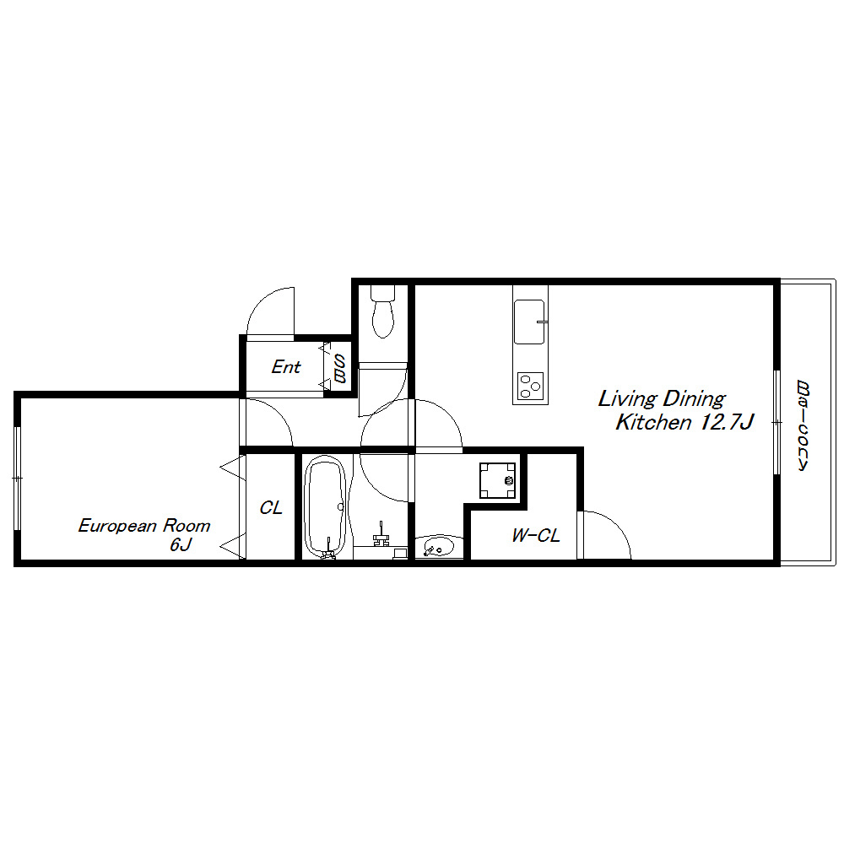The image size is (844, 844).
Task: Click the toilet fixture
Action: (382, 311)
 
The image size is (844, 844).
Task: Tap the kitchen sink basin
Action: (529, 322)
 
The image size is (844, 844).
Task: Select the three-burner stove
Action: (530, 386)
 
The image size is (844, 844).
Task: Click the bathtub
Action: (325, 506)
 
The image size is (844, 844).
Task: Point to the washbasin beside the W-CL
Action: (439, 546)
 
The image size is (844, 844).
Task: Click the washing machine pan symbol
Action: (497, 480)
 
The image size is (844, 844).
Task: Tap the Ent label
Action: (286, 367)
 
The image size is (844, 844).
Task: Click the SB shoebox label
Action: (339, 368)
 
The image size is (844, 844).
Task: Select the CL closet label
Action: (271, 507)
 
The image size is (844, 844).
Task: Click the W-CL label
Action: (536, 535)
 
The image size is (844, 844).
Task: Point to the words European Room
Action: (144, 525)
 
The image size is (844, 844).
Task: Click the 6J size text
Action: (181, 544)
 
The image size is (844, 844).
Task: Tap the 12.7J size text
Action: (726, 422)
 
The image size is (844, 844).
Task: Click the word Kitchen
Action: (653, 422)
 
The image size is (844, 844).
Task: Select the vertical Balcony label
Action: (803, 425)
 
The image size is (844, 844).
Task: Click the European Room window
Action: (18, 478)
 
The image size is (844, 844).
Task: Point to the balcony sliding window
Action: (776, 423)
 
